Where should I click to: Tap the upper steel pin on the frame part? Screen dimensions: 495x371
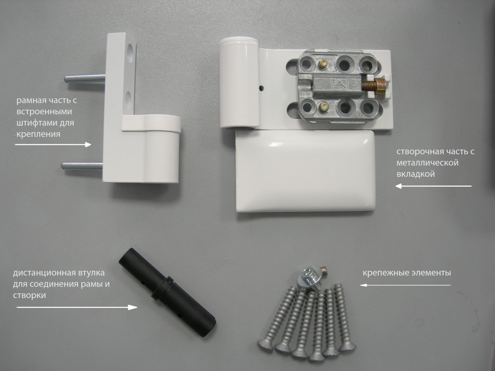tap(85, 79)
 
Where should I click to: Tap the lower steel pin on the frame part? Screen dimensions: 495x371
tap(82, 166)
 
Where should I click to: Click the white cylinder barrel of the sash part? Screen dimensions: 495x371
tap(239, 83)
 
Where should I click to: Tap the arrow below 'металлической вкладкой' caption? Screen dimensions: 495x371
tap(434, 186)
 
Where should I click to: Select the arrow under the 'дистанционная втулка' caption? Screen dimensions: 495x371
tap(77, 307)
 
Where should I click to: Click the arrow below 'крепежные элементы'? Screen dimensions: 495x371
tap(405, 285)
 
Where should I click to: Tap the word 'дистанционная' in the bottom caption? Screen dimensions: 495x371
tap(45, 273)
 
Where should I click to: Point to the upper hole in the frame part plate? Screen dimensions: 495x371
tap(130, 50)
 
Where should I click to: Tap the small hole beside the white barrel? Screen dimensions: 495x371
tap(262, 87)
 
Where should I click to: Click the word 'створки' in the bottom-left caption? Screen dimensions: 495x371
tap(29, 296)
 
